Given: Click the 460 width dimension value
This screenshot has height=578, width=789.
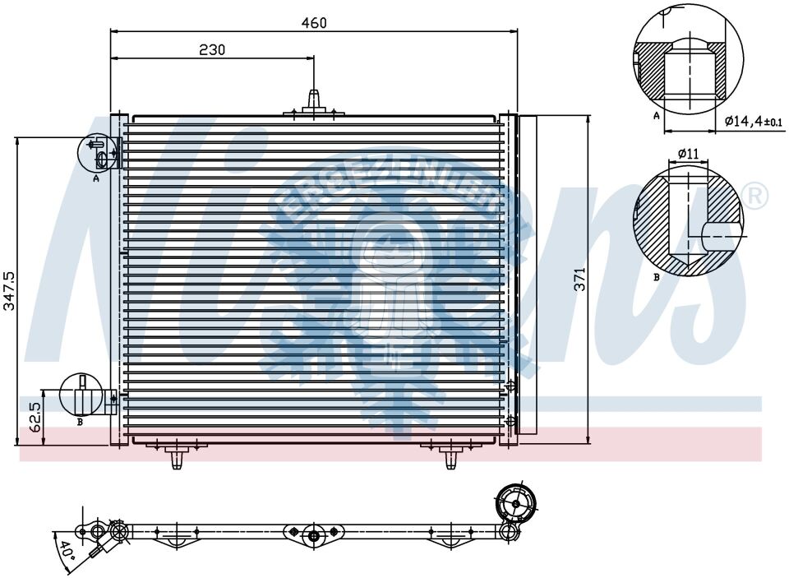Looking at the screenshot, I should [314, 23].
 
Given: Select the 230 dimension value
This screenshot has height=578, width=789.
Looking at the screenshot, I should [212, 49].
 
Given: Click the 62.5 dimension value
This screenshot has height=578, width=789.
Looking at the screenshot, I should [35, 417].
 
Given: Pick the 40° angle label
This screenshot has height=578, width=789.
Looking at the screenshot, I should [65, 548].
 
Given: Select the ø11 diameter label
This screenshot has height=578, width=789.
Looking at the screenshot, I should [689, 154].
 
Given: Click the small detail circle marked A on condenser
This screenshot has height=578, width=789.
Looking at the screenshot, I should [96, 150].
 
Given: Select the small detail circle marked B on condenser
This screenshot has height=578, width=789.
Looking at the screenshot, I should [81, 395].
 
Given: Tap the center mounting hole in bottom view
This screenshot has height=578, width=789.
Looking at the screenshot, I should [313, 535].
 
